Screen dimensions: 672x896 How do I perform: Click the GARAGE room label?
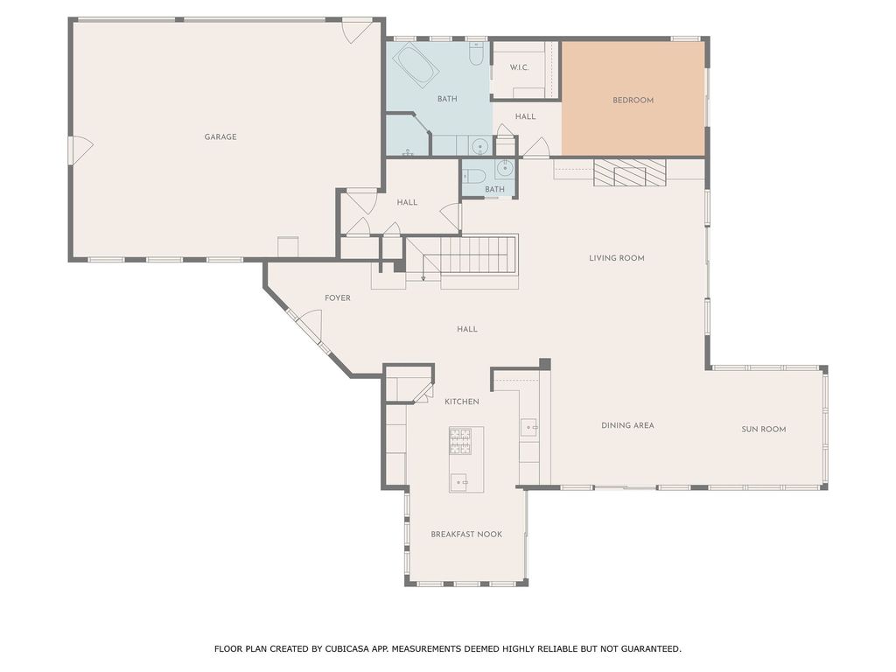[x=220, y=136]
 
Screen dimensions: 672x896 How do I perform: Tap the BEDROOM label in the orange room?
[x=633, y=100]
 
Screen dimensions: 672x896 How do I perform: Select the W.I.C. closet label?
[x=520, y=67]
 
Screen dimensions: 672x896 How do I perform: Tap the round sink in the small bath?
[x=504, y=169]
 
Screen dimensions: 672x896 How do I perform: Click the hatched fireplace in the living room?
[x=629, y=173]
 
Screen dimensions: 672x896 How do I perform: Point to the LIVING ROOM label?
[x=616, y=258]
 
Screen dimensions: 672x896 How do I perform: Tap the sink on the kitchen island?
[x=460, y=480]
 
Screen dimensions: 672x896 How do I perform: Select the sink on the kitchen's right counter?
[x=529, y=428]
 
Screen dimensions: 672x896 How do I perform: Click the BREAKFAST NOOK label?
[x=466, y=534]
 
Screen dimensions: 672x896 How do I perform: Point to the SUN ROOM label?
[x=764, y=429]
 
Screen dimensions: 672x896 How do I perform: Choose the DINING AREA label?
[x=627, y=425]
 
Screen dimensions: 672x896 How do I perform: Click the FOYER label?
[x=338, y=298]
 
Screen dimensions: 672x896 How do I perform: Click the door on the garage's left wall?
[x=80, y=150]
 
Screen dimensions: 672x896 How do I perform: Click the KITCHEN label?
[x=461, y=402]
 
